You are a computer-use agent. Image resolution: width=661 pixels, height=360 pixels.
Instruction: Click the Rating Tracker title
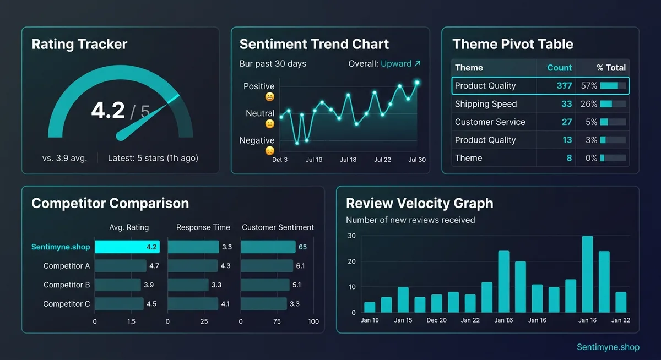[79, 45]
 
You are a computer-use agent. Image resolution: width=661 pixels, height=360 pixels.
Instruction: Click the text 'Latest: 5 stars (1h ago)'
[153, 158]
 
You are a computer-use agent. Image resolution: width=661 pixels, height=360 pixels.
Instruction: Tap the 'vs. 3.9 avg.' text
[64, 158]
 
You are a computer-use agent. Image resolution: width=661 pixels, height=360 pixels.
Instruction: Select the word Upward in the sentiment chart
[396, 63]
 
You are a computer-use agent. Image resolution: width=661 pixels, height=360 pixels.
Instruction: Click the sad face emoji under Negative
[270, 150]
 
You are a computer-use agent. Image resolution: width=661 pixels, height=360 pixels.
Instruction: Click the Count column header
[559, 68]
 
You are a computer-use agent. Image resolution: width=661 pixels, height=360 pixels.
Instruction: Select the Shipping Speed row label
[485, 104]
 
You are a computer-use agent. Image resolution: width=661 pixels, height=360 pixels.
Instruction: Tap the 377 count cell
[564, 86]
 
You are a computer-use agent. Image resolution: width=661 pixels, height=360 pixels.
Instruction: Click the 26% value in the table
[588, 104]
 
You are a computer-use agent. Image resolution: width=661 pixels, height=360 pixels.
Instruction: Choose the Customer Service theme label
[490, 122]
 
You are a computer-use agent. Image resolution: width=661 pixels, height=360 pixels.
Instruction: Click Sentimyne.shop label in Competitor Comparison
[61, 247]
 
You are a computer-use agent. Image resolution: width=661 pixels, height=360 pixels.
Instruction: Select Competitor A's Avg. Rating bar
[121, 266]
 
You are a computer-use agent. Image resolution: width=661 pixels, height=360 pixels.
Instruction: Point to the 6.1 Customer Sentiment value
[300, 266]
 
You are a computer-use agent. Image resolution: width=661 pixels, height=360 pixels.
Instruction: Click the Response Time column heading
[203, 227]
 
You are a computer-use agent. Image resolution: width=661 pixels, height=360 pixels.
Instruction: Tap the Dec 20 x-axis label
[436, 320]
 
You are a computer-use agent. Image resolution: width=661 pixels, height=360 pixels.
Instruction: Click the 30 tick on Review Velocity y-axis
[351, 236]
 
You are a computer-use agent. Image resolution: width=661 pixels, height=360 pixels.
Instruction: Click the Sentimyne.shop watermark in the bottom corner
[608, 347]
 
